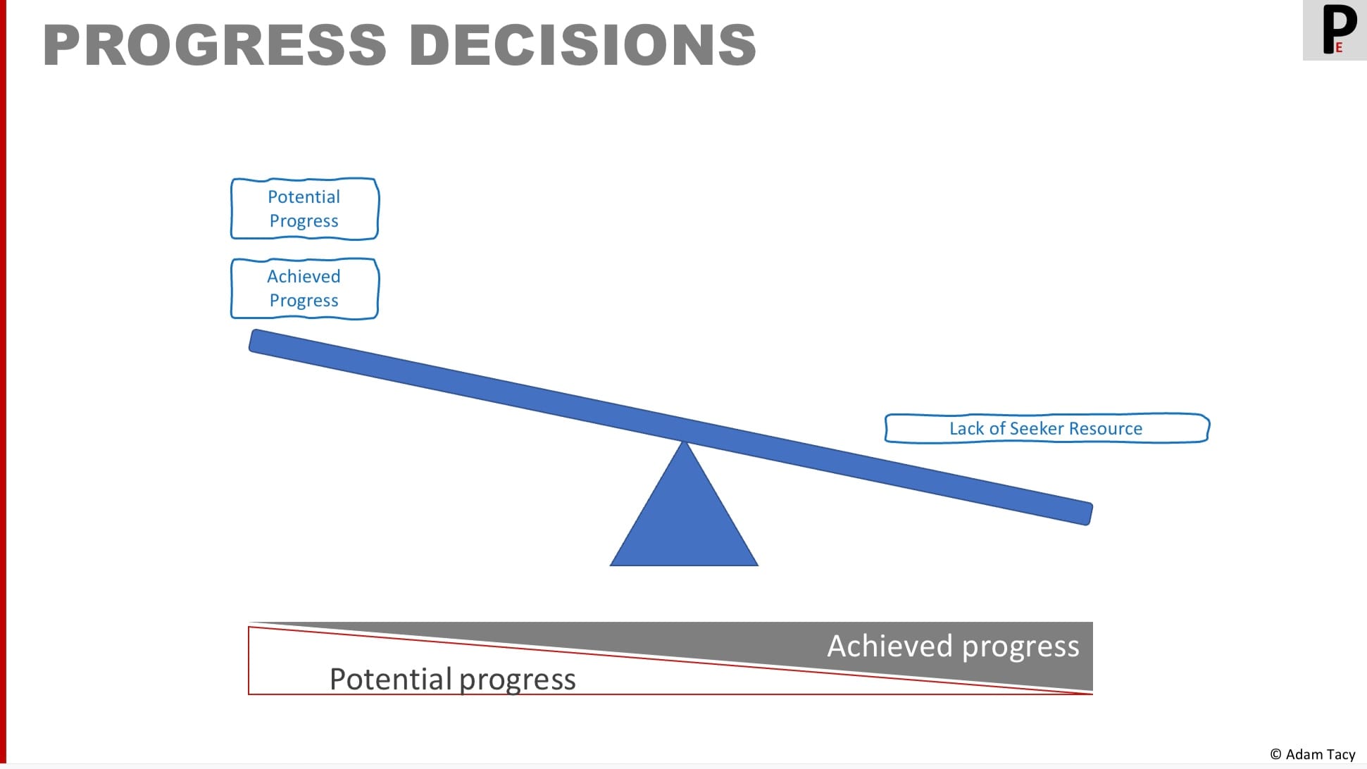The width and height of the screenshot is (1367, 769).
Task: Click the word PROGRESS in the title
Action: (214, 45)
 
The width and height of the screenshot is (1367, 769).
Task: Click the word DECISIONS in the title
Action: (582, 45)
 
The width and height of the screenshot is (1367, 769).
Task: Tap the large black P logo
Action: (1337, 28)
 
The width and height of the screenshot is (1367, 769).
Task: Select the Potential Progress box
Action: (305, 208)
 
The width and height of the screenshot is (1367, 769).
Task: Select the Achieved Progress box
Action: (305, 289)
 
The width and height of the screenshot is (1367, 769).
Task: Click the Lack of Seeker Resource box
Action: (1047, 428)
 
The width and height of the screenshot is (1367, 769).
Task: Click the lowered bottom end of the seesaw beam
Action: (1089, 513)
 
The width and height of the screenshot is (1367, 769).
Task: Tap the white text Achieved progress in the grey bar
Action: (953, 646)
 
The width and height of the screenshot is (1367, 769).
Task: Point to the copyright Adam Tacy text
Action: (1313, 754)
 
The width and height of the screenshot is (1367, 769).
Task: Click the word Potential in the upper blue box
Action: (304, 196)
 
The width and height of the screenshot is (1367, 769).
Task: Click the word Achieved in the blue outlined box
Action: (304, 276)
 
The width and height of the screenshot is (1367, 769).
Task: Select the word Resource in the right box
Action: (1106, 428)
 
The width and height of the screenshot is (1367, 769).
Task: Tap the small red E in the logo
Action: (1339, 48)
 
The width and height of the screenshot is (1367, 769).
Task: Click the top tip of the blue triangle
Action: (684, 442)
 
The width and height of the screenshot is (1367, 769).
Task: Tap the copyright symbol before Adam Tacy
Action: (1276, 754)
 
